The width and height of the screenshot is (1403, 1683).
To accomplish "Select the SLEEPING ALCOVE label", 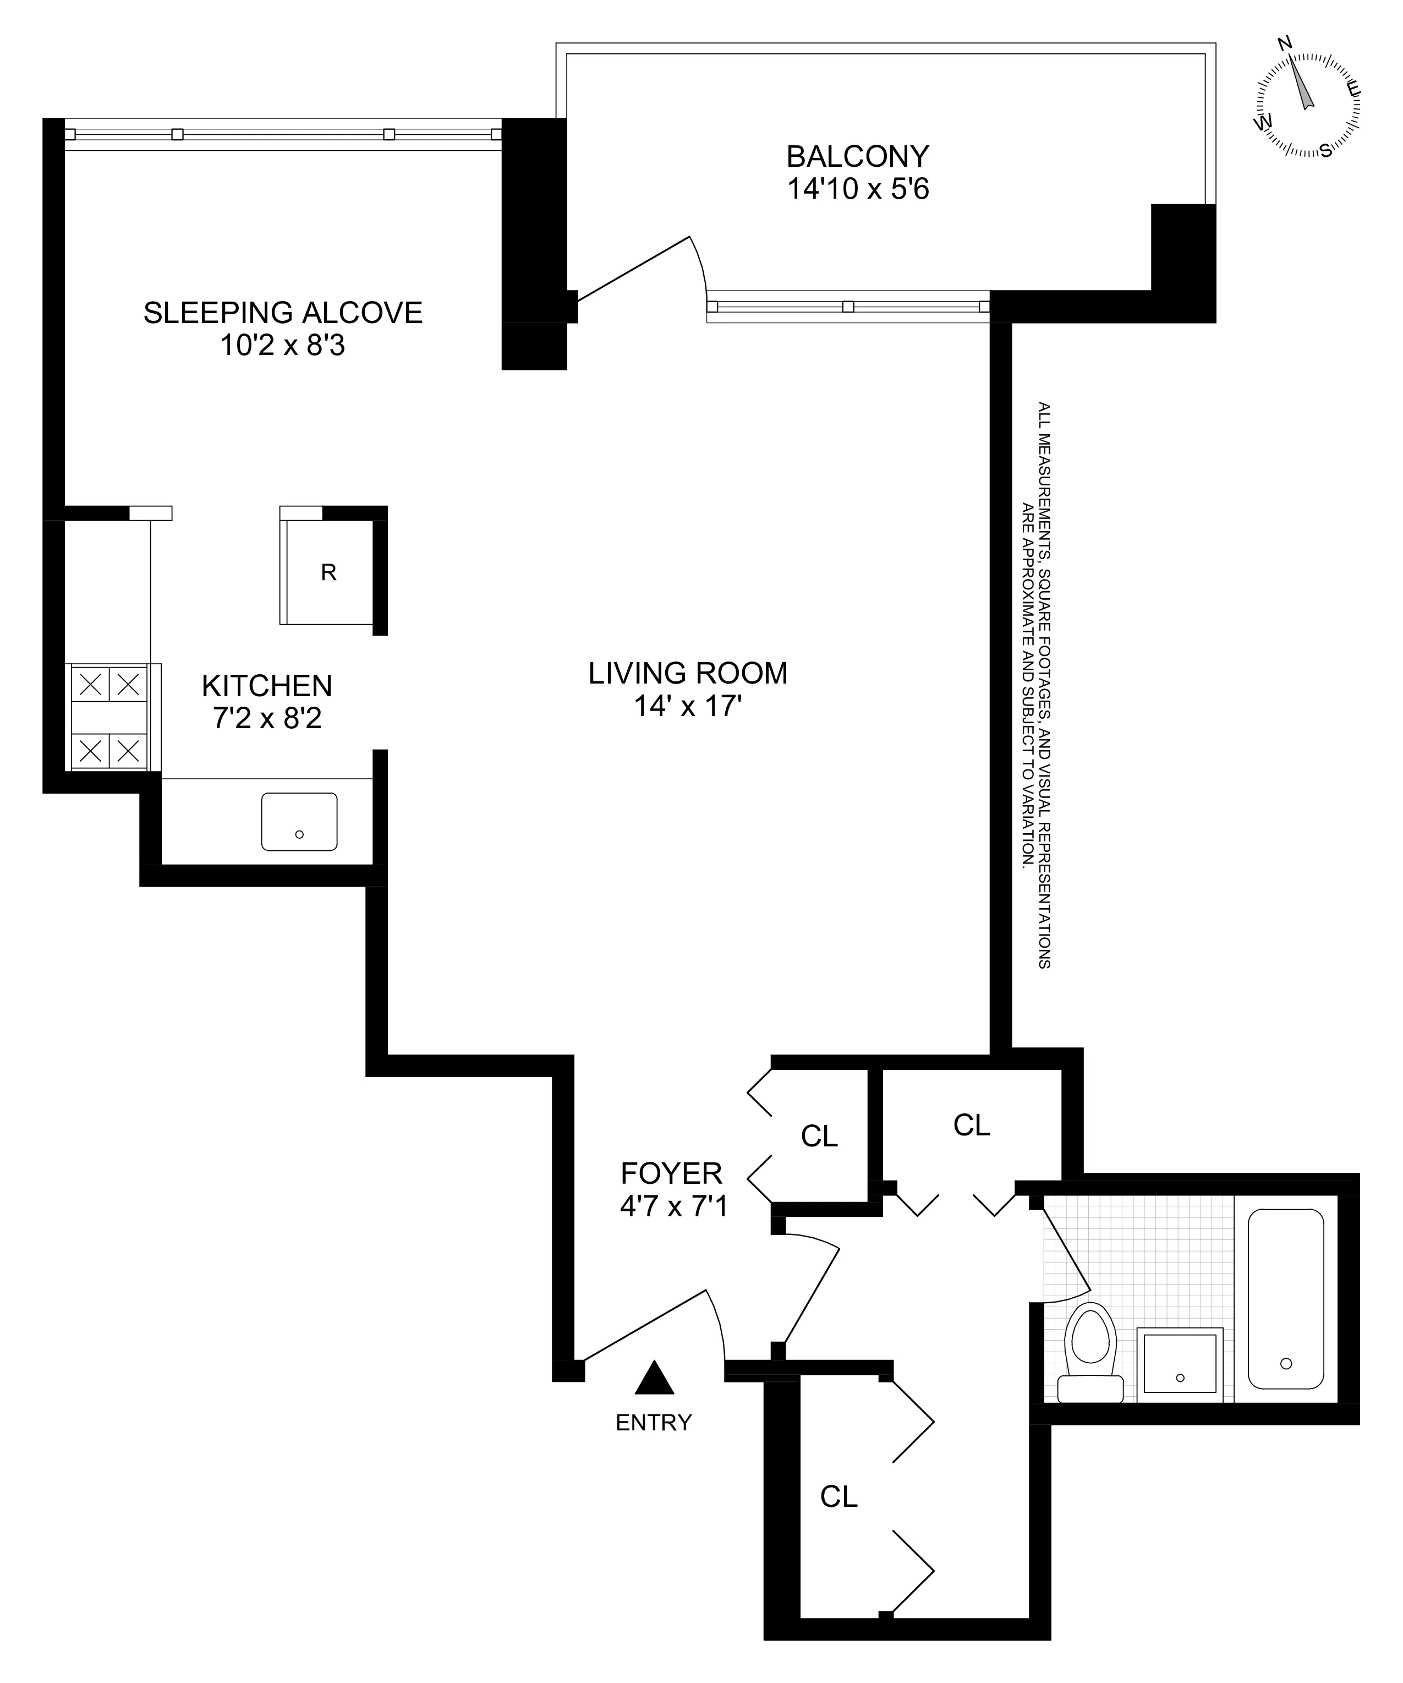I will point(283,313).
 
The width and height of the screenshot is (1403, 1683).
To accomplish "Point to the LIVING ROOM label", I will point(688,673).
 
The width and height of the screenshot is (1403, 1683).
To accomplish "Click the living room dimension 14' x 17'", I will point(688,707).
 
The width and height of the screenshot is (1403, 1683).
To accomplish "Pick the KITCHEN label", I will point(267,686).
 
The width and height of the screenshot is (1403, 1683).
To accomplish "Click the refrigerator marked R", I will point(328,572).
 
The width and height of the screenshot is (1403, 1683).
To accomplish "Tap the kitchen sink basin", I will point(299,822).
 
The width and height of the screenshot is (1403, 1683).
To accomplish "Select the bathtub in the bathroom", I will point(1285,1298).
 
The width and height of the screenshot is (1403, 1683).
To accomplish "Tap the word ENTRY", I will point(653,1423).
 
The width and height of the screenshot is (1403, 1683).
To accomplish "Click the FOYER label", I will point(671,1173).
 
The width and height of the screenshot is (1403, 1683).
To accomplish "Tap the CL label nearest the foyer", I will point(819,1135).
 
